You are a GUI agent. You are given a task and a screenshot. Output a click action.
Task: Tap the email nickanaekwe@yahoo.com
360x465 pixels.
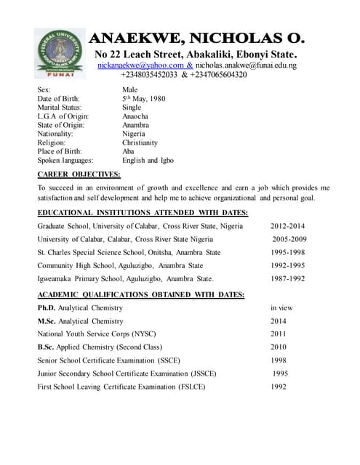[x=140, y=65]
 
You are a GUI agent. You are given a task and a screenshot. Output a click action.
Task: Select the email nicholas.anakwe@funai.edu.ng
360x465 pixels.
[x=246, y=65]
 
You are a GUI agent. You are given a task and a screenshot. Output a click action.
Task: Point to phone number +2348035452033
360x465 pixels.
[x=149, y=75]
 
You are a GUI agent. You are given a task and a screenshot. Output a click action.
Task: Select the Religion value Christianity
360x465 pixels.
[x=140, y=144]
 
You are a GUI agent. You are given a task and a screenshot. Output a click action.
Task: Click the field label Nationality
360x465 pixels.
[x=60, y=134]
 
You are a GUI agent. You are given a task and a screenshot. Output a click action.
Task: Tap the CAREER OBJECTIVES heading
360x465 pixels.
[x=79, y=174]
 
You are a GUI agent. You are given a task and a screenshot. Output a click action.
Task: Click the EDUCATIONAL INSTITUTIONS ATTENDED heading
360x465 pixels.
[x=143, y=212]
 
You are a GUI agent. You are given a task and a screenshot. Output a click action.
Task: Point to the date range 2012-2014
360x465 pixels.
[x=288, y=226]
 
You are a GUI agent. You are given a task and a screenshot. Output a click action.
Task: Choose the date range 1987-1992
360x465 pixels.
[x=288, y=278]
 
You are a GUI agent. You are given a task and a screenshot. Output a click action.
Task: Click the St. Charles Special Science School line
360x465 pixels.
[x=129, y=252]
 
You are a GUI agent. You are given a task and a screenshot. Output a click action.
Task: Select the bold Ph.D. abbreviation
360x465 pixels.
[x=47, y=308]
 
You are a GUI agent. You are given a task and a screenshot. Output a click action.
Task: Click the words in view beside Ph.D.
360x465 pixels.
[x=282, y=308]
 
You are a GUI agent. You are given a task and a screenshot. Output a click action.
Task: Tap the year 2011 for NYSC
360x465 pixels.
[x=279, y=334]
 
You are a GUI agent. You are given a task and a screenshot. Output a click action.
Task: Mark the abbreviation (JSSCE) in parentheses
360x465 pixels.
[x=197, y=373]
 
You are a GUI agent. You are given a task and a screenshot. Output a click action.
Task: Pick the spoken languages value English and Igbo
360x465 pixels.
[x=148, y=160]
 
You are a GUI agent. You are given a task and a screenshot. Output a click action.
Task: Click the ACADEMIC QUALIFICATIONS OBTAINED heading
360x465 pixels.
[x=141, y=294]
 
